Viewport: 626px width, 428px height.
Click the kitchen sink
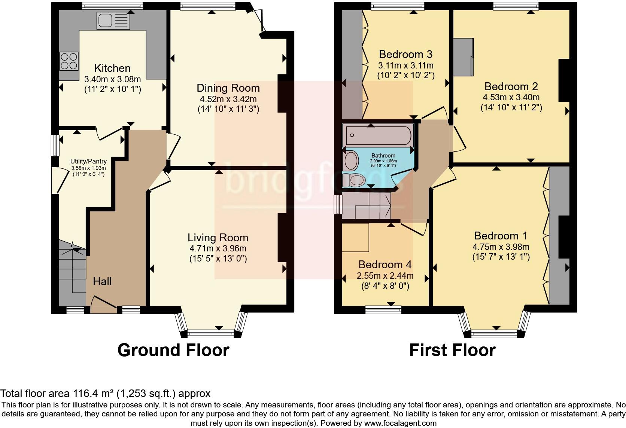[x=113, y=21]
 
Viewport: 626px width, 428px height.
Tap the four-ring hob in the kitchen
[x=69, y=61]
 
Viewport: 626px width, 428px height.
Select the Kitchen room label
[x=112, y=68]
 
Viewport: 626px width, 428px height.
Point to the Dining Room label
[x=228, y=88]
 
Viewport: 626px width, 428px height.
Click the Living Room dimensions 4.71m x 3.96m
[x=218, y=248]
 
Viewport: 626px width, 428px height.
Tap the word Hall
[x=102, y=281]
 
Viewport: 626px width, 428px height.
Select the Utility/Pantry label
[x=88, y=161]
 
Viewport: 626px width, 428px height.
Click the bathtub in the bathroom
[x=378, y=135]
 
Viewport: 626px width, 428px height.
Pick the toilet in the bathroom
[x=353, y=180]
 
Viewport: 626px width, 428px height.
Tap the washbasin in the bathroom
[x=350, y=161]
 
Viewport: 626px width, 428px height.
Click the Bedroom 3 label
[x=405, y=54]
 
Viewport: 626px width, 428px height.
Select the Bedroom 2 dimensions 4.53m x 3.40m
[x=511, y=97]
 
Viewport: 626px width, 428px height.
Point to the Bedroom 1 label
[x=501, y=236]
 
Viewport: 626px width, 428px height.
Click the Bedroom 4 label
[x=385, y=265]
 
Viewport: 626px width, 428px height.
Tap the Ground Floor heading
[x=173, y=351]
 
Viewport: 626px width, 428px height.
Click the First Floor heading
[x=452, y=351]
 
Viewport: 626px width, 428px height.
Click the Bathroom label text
[x=383, y=156]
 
